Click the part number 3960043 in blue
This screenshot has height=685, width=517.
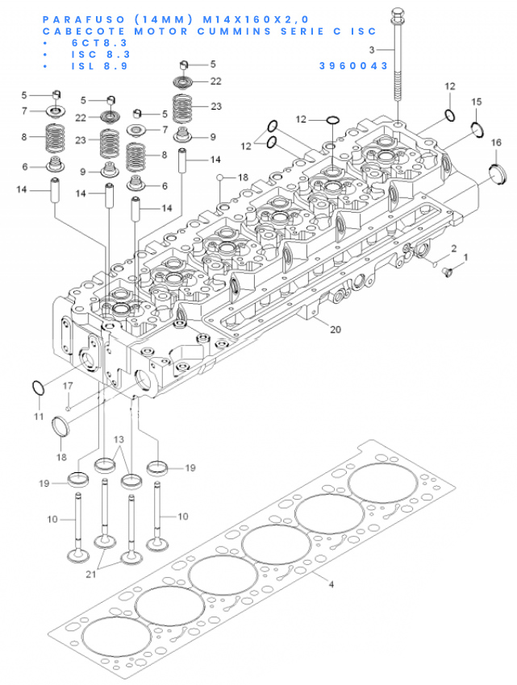(353, 65)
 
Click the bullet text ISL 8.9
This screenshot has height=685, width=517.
(100, 66)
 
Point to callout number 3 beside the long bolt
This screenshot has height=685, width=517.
(372, 50)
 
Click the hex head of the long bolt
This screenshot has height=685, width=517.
(397, 13)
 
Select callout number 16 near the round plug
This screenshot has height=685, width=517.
(496, 143)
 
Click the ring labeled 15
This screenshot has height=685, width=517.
(477, 129)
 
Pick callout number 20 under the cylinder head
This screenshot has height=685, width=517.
(336, 330)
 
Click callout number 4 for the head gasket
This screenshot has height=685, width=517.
(331, 584)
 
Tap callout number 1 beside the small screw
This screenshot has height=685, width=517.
(465, 258)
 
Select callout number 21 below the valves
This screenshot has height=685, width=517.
(90, 574)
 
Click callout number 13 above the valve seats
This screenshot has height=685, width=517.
(119, 439)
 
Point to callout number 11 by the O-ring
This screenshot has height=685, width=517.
(39, 417)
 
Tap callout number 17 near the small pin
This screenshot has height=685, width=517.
(68, 386)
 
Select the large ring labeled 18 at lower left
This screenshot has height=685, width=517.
(60, 426)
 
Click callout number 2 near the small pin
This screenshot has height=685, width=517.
(453, 248)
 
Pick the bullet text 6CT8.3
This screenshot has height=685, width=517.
(100, 43)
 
